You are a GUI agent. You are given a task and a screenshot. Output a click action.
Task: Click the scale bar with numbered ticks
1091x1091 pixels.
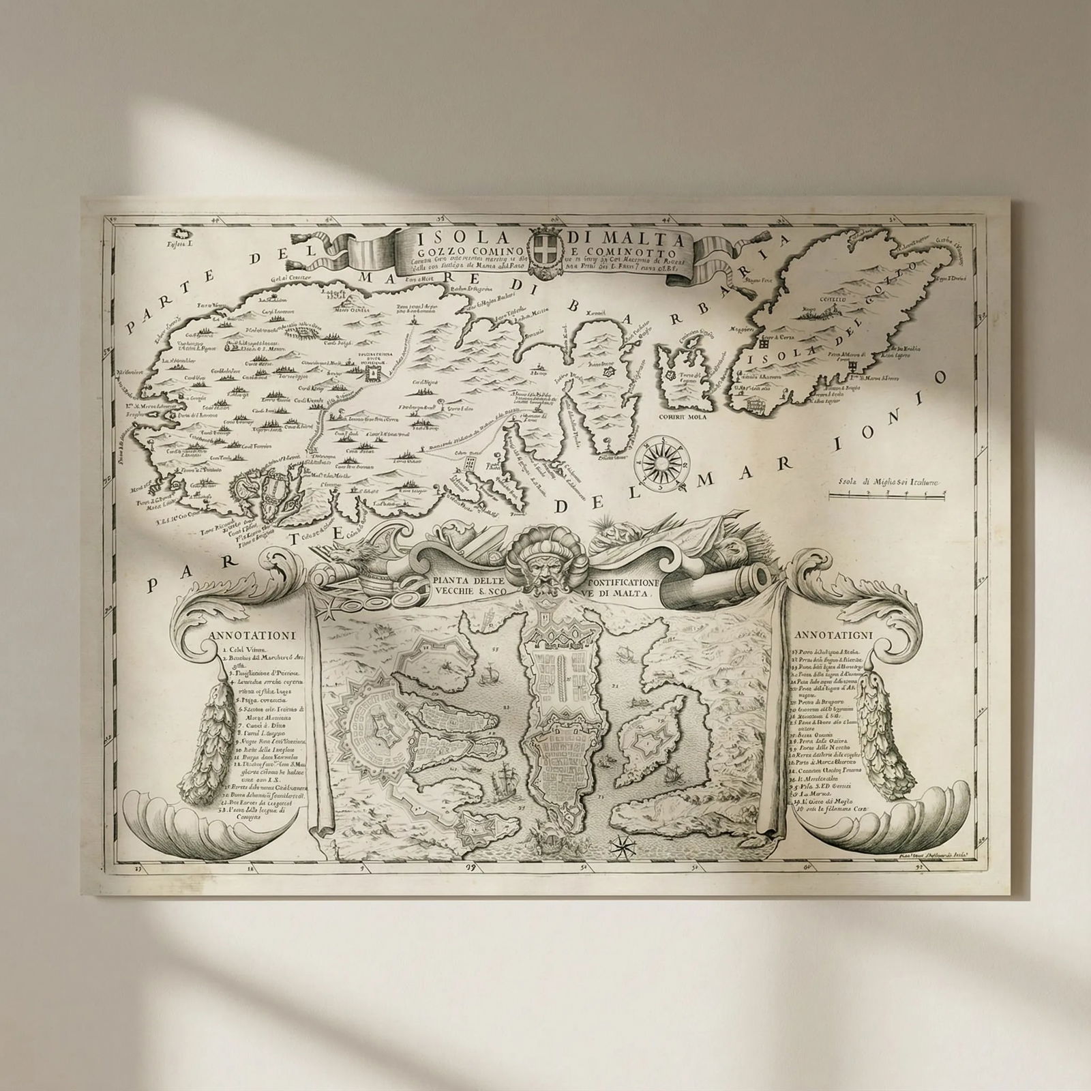click(888, 496)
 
